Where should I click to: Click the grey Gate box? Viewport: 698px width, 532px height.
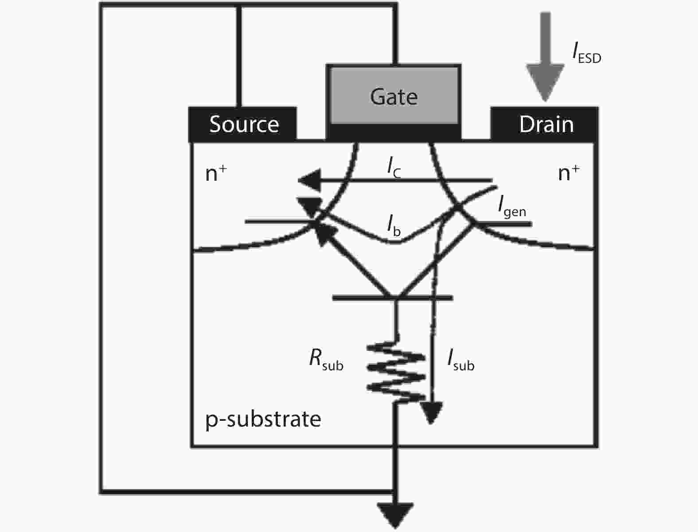tap(394, 95)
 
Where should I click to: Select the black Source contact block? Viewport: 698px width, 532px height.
tap(243, 124)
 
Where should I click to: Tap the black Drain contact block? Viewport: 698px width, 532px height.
tap(545, 124)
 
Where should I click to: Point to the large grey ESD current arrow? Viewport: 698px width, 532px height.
tap(545, 58)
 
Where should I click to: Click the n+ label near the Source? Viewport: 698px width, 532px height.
tap(216, 173)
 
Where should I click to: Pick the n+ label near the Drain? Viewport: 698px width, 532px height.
tap(569, 173)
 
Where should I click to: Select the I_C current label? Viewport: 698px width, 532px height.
tap(394, 167)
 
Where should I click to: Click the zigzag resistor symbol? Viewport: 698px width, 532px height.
tap(395, 368)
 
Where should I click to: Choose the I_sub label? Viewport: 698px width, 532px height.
tap(461, 360)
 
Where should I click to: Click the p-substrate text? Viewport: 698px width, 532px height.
tap(263, 419)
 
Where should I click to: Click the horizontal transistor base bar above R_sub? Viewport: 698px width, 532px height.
tap(393, 298)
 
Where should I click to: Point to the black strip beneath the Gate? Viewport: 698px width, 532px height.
tap(394, 132)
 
